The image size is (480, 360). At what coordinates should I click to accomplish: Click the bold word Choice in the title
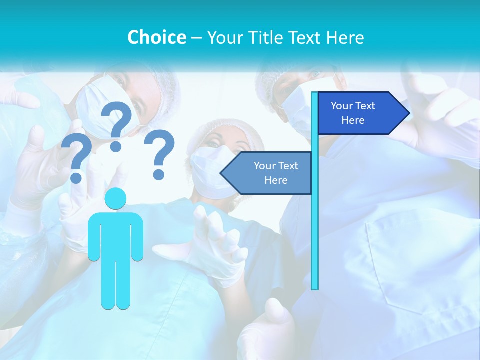click(156, 37)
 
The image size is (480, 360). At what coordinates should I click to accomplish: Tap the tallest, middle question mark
click(117, 125)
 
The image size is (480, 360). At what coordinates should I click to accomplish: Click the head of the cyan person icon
click(115, 198)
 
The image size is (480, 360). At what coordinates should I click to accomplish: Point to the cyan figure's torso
click(115, 235)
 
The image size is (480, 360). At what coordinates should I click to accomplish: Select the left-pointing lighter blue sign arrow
click(267, 173)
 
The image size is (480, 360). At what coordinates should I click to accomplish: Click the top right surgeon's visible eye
click(315, 75)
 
